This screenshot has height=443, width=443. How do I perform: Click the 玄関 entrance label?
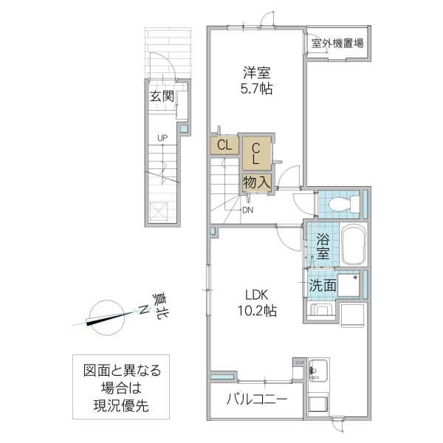(162, 96)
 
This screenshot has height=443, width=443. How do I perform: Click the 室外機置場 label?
(337, 43)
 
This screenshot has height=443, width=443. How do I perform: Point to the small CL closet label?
(224, 145)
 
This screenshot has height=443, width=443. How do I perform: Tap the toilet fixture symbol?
(342, 202)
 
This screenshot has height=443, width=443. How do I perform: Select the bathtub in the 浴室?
(355, 244)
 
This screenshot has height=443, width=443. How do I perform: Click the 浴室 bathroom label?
(323, 246)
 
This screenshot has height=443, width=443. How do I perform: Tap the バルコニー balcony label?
(256, 401)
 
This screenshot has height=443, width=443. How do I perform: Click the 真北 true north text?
(159, 305)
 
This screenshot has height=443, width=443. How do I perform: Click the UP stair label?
(161, 138)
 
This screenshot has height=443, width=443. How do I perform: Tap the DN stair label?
(248, 209)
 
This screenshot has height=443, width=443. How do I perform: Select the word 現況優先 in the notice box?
(121, 405)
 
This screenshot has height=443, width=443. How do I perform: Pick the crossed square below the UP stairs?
(161, 212)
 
